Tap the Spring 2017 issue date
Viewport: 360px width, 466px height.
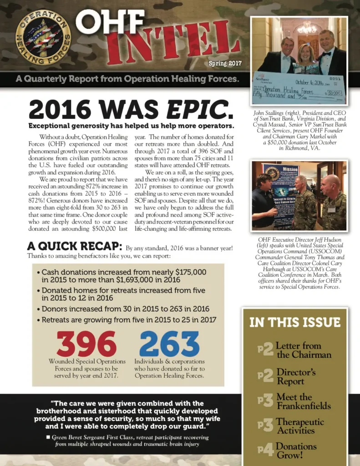(x=225, y=63)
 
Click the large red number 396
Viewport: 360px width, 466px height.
(x=86, y=344)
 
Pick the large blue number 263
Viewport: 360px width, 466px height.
(x=169, y=344)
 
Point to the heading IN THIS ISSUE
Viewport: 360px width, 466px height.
(x=295, y=322)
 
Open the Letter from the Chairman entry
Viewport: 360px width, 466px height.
(x=304, y=350)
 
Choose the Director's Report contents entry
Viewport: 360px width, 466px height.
(x=296, y=376)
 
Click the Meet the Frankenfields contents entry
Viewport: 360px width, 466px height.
(x=304, y=401)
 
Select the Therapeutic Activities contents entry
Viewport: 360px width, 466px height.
(x=300, y=426)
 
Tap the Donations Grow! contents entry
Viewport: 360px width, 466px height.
(x=296, y=450)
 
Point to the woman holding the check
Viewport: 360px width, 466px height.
(x=305, y=57)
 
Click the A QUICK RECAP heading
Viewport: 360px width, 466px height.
(x=75, y=247)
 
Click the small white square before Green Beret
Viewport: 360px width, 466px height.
(x=48, y=437)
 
